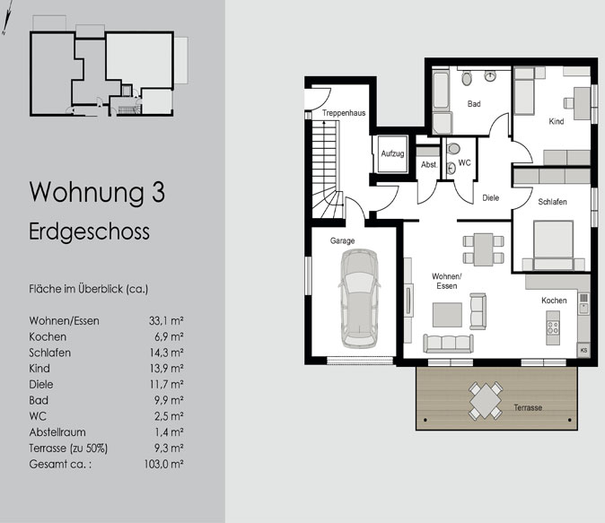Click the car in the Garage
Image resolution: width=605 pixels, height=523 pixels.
pyautogui.click(x=359, y=299)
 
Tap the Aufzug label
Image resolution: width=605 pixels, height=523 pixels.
pyautogui.click(x=392, y=153)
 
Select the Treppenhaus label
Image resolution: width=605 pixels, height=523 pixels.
pyautogui.click(x=344, y=113)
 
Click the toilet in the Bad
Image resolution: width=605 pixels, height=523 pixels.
pyautogui.click(x=467, y=78)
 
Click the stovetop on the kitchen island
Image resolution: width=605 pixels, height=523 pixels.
pyautogui.click(x=553, y=327)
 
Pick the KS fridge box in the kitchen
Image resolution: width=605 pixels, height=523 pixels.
pyautogui.click(x=583, y=350)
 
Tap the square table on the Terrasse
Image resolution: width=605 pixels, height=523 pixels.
pyautogui.click(x=486, y=401)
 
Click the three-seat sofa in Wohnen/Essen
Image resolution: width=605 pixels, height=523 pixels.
pyautogui.click(x=448, y=343)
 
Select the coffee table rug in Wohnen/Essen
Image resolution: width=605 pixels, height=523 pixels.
pyautogui.click(x=447, y=315)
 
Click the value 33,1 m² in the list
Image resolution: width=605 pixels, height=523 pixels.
pyautogui.click(x=166, y=321)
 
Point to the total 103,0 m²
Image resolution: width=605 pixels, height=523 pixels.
pyautogui.click(x=163, y=464)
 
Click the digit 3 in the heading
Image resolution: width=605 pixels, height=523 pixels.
pyautogui.click(x=158, y=192)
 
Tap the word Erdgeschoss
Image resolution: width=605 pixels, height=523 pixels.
pyautogui.click(x=89, y=232)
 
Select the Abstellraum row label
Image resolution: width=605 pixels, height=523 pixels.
pyautogui.click(x=57, y=432)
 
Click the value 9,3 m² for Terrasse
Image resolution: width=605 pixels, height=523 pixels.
pyautogui.click(x=169, y=449)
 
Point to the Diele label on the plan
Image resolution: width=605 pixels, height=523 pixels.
pyautogui.click(x=491, y=198)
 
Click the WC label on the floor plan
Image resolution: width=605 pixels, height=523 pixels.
pyautogui.click(x=465, y=162)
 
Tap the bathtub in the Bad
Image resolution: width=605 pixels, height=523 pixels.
pyautogui.click(x=440, y=90)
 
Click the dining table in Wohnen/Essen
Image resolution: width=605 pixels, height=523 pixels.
pyautogui.click(x=484, y=249)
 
